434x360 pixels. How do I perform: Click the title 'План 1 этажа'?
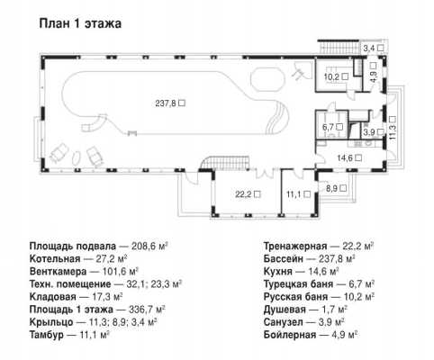(x=80, y=23)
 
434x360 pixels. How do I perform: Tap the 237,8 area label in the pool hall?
(x=167, y=103)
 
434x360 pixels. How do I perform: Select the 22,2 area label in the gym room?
(x=244, y=194)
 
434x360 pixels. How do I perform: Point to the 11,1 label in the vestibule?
(x=294, y=194)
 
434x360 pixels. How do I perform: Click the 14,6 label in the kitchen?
(x=345, y=157)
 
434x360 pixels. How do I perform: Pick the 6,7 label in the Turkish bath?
(x=328, y=127)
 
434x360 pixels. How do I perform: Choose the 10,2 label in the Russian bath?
(x=331, y=76)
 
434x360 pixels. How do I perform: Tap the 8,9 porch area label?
(x=332, y=188)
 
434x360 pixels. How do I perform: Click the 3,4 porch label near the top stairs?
(x=369, y=48)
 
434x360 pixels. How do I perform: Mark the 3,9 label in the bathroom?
(x=369, y=132)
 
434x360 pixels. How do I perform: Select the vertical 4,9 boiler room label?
(x=374, y=76)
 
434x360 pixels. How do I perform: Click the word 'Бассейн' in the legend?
(x=284, y=259)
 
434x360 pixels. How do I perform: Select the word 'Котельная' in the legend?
(x=55, y=259)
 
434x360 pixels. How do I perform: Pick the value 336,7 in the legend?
(x=140, y=310)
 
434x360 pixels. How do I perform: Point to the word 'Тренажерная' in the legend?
(x=295, y=247)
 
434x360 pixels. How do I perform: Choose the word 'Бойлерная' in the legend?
(x=290, y=335)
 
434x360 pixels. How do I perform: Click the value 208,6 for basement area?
(x=143, y=247)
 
